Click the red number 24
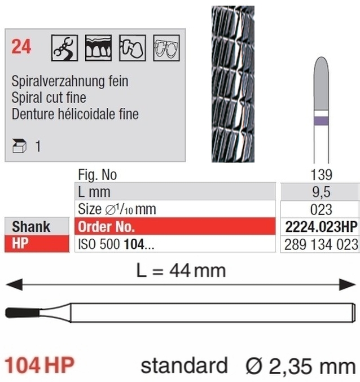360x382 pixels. click(21, 46)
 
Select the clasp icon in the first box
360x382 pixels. click(64, 48)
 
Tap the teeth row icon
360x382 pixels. click(98, 48)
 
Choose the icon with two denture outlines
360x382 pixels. click(166, 48)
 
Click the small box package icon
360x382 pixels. click(19, 146)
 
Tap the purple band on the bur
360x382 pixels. click(321, 121)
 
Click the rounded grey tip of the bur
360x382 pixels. click(321, 84)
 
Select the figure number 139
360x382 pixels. click(321, 175)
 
